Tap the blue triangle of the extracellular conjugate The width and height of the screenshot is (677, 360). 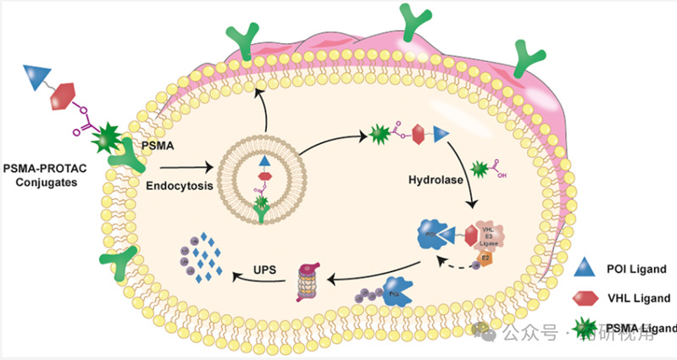pyautogui.click(x=39, y=75)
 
